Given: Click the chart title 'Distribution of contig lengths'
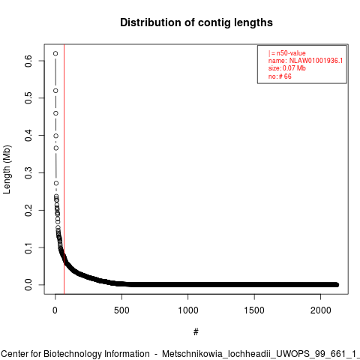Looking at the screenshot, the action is (196, 22).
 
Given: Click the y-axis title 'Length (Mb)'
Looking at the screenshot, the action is (7, 169).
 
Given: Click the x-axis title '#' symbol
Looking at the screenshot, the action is (196, 332).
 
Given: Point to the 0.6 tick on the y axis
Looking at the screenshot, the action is (28, 61).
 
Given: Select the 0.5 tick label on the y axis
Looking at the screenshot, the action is (28, 98).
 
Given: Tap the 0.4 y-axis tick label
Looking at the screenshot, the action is (28, 136).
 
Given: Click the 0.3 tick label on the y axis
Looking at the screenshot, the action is (28, 172).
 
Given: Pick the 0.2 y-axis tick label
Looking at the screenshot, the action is (28, 210).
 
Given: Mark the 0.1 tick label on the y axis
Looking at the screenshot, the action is (28, 247).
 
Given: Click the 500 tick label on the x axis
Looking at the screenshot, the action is (121, 310).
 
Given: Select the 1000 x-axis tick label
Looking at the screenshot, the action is (188, 310).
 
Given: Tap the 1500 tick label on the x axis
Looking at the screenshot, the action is (254, 310).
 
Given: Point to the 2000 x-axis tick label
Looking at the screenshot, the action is (321, 310).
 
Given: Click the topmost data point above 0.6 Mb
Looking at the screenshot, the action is (55, 53).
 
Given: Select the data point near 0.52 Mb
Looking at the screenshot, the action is (55, 91).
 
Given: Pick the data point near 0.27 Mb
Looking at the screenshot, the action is (56, 183).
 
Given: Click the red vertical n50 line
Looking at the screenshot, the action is (64, 169).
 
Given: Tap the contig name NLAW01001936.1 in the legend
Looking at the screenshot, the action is (316, 61).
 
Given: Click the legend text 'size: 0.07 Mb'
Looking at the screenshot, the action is (287, 68).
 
